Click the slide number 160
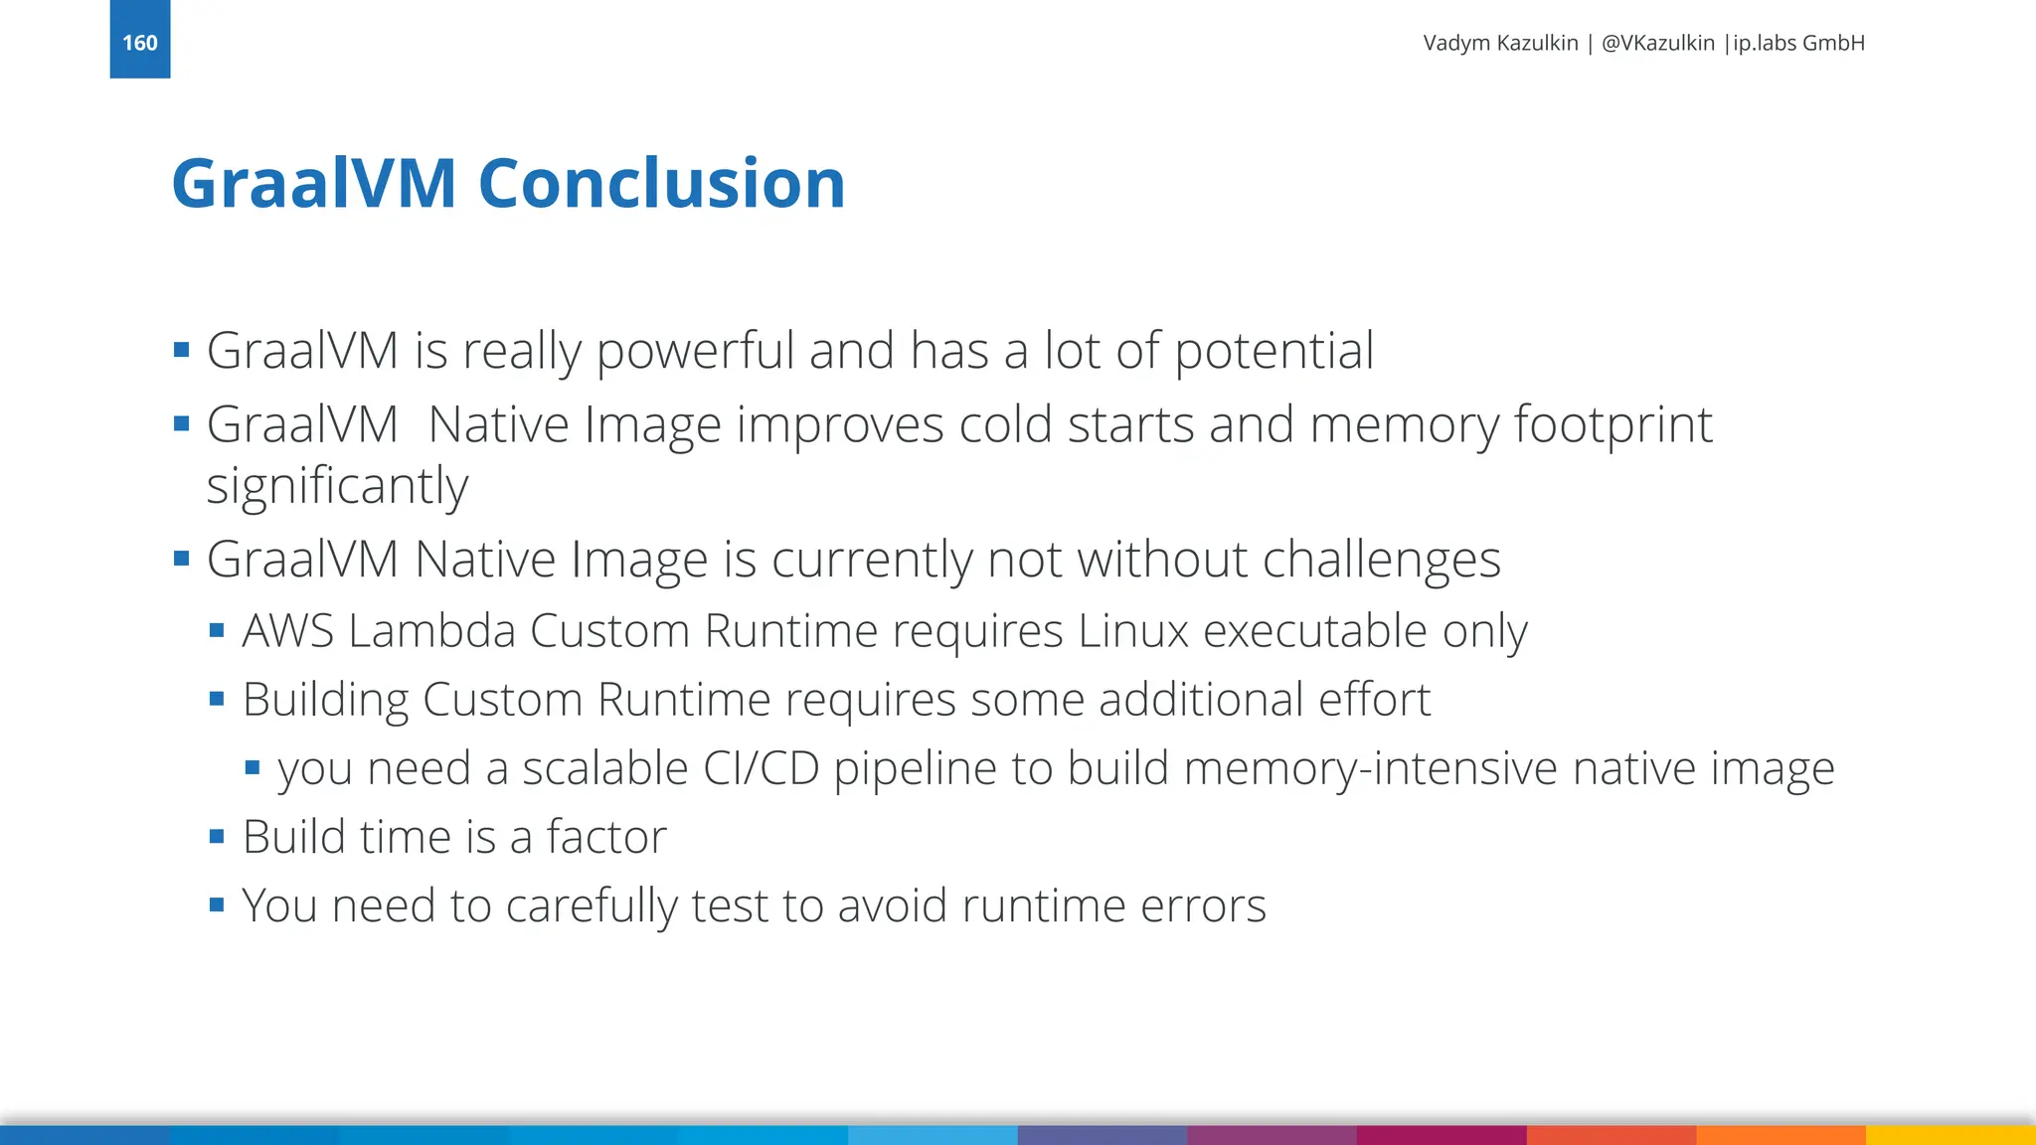click(x=140, y=43)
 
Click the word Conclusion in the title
click(x=661, y=184)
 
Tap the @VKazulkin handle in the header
click(x=1657, y=43)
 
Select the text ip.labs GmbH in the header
click(x=1798, y=43)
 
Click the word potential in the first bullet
click(x=1274, y=351)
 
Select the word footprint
click(x=1612, y=425)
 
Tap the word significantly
click(x=337, y=486)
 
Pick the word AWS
click(x=287, y=631)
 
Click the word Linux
click(x=1133, y=631)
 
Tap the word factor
click(x=606, y=837)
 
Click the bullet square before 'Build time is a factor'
click(x=217, y=837)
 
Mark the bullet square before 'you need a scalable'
click(x=253, y=767)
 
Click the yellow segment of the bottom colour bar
click(x=1951, y=1135)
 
